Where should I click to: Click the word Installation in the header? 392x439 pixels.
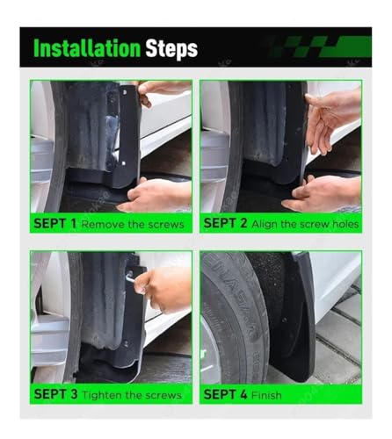tap(87, 48)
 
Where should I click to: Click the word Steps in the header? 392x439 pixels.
tap(171, 49)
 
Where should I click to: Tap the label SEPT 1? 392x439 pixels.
tap(54, 224)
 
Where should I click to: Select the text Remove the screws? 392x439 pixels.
tap(133, 225)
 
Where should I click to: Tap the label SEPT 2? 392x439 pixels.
tap(225, 223)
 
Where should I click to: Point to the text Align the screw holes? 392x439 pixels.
tap(305, 224)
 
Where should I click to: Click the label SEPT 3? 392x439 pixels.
tap(55, 394)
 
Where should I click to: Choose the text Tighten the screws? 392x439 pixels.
tap(132, 395)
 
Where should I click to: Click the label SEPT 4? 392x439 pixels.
tap(225, 394)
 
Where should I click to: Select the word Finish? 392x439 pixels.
tap(266, 395)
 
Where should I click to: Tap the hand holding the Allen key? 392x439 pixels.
tap(163, 288)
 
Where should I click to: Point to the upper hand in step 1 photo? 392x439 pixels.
tap(162, 90)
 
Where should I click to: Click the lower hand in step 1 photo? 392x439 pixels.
tap(156, 195)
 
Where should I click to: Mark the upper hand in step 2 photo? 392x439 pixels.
tap(332, 120)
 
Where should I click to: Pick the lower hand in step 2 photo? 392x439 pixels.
tap(323, 193)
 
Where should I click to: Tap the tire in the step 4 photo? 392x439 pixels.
tap(235, 319)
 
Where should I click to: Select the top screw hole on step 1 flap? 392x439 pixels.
tap(125, 92)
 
